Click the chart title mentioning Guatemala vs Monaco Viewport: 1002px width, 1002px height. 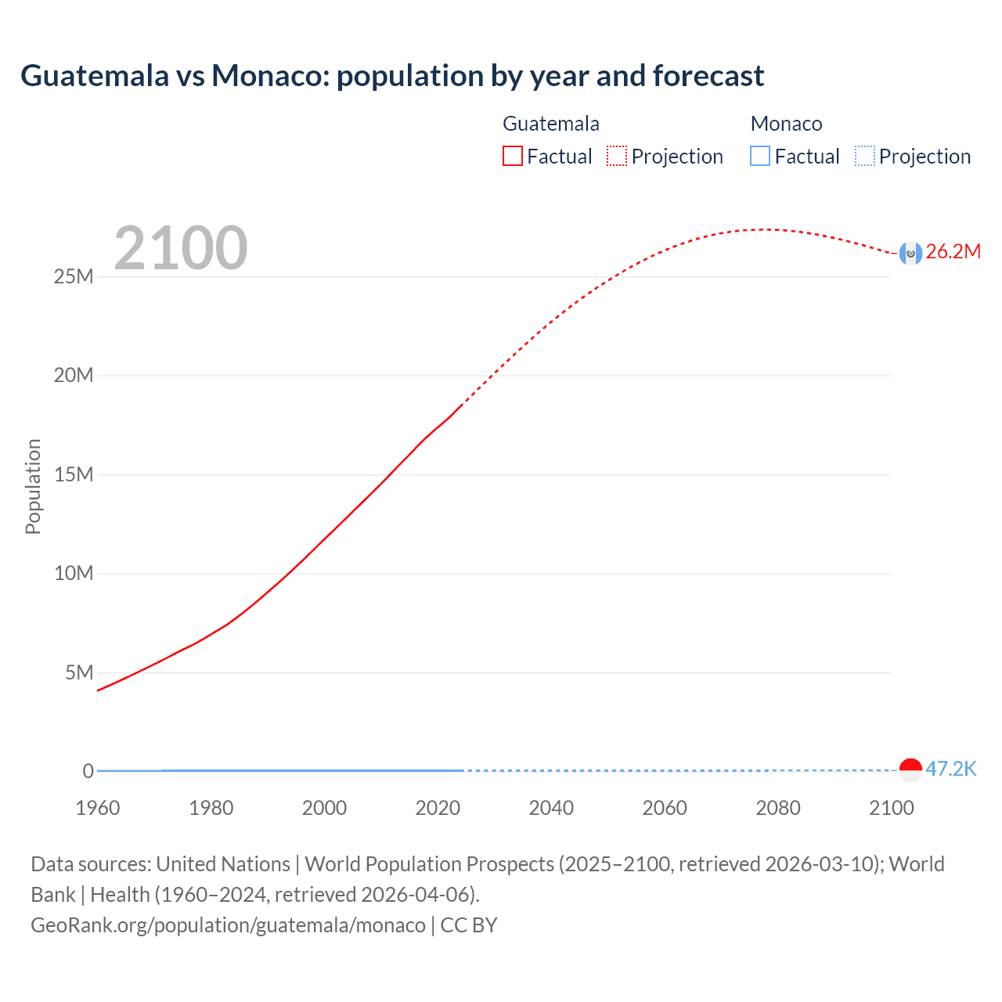click(x=392, y=76)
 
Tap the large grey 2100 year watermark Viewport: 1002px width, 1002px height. click(x=181, y=248)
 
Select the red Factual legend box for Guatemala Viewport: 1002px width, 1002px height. click(x=513, y=157)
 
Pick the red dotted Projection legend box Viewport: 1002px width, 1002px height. click(x=617, y=157)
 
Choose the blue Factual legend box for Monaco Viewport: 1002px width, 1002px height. click(x=760, y=157)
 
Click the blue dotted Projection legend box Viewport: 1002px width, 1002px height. click(x=865, y=157)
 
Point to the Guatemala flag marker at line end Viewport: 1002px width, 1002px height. click(x=910, y=253)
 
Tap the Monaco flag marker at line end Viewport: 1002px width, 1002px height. click(x=910, y=770)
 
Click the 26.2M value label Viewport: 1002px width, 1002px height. click(x=953, y=252)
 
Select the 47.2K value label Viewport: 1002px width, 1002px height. click(x=951, y=769)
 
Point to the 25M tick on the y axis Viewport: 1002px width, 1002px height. click(x=74, y=277)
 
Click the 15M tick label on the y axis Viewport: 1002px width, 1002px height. click(x=74, y=475)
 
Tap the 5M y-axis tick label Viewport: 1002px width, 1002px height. click(x=79, y=673)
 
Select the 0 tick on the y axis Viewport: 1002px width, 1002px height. click(x=88, y=772)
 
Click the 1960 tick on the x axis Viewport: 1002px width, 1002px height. click(x=98, y=808)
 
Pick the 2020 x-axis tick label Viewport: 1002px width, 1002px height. click(x=438, y=808)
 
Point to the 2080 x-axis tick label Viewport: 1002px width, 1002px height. click(x=778, y=808)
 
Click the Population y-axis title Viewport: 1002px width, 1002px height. click(x=33, y=486)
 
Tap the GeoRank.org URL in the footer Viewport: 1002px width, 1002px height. click(x=228, y=925)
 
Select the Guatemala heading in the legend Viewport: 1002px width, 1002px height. click(x=551, y=124)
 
